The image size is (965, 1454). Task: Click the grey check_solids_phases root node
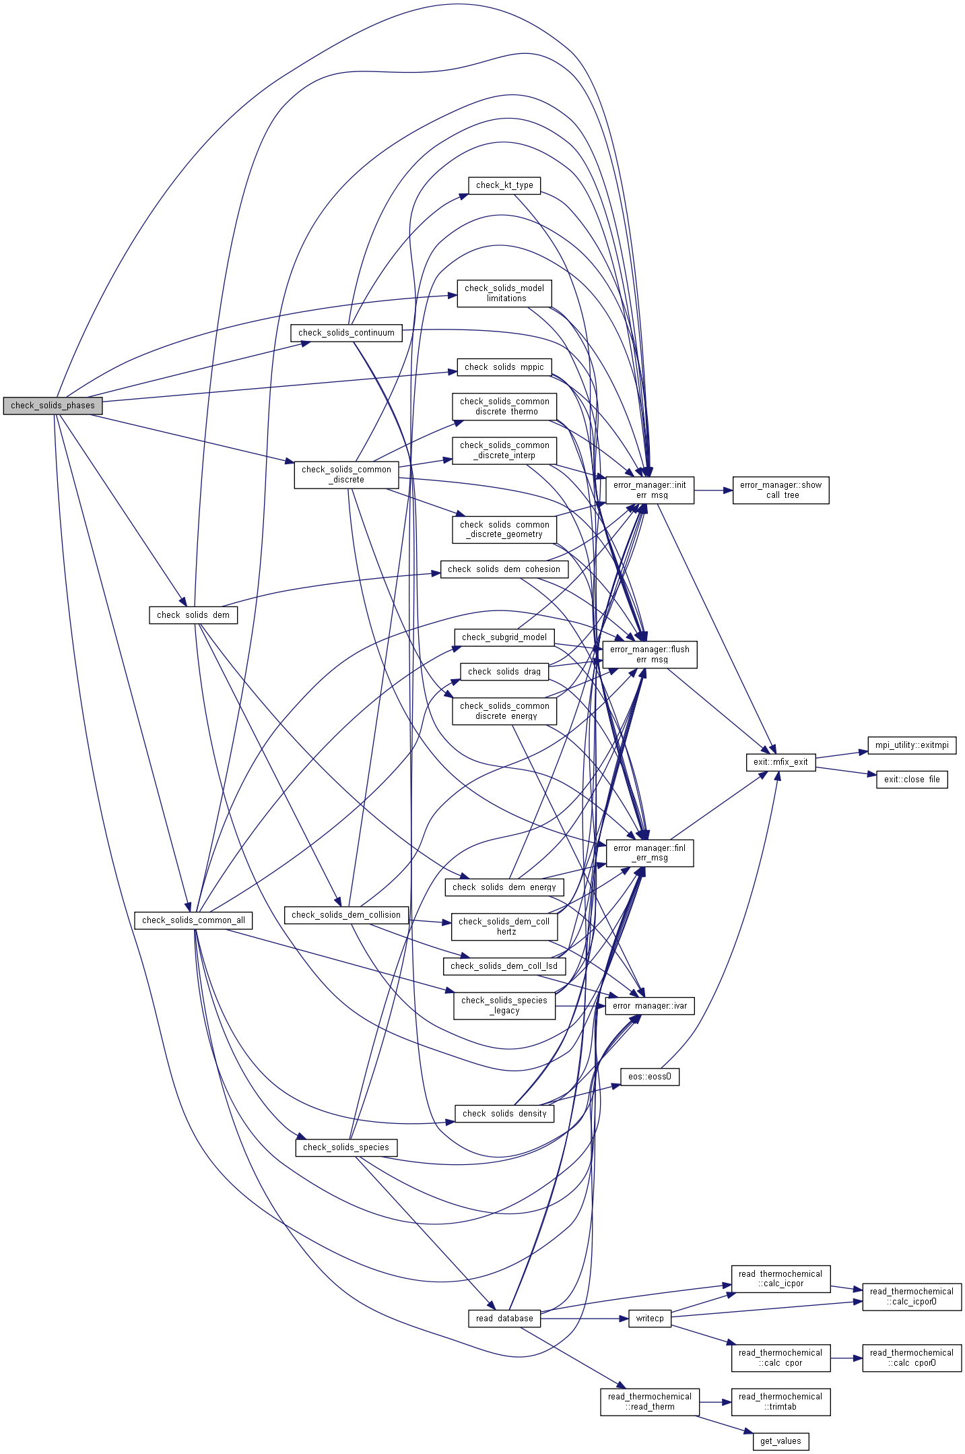53,406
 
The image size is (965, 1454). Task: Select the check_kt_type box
504,185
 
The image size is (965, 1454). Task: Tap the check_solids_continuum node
346,333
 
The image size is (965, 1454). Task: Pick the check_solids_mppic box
504,367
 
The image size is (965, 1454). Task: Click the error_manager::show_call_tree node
780,490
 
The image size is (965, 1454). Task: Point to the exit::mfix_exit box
780,762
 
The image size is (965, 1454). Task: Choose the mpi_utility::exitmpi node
912,745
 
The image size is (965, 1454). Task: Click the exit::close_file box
912,780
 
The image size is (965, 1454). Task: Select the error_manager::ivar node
650,1006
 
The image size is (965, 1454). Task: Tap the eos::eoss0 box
650,1077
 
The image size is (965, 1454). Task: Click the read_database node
504,1319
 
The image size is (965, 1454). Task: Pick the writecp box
650,1319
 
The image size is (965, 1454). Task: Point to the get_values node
780,1441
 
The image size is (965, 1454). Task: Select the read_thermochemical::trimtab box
780,1401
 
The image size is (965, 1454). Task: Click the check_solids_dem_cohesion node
504,569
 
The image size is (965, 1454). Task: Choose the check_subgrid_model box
504,637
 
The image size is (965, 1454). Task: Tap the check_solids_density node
504,1114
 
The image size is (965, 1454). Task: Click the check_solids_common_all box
193,920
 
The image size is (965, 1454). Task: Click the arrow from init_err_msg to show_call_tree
713,491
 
